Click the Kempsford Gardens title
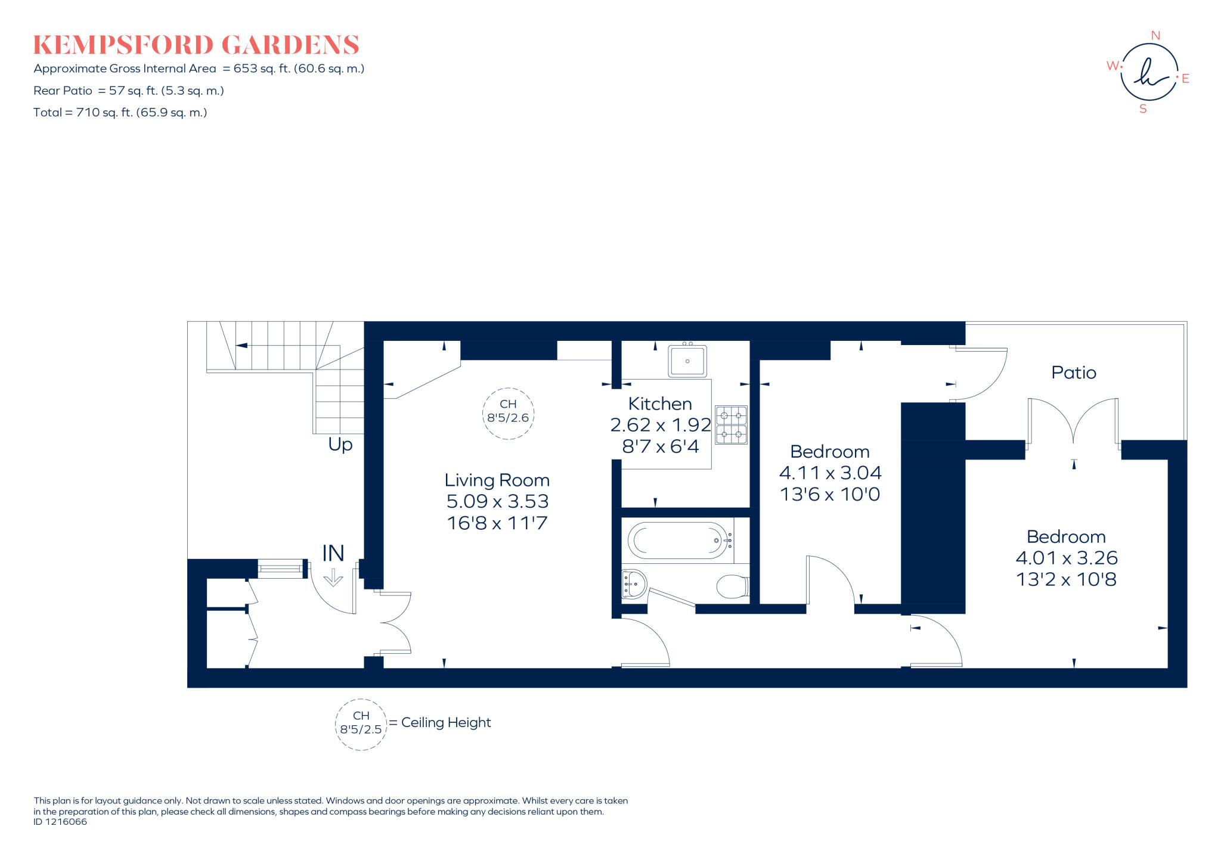(x=196, y=45)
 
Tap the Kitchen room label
(x=660, y=403)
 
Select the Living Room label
(x=497, y=480)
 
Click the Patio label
(x=1073, y=372)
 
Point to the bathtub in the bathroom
(x=678, y=541)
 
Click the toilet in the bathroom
(x=732, y=586)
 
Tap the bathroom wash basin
(x=634, y=583)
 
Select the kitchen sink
(x=687, y=361)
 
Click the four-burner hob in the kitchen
(x=731, y=425)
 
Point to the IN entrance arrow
(x=333, y=577)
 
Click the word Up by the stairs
(x=340, y=445)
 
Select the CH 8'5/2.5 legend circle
(x=361, y=724)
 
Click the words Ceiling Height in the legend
(x=446, y=722)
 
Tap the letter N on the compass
(x=1155, y=35)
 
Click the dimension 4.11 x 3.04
(x=830, y=473)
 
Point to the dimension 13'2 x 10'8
(x=1066, y=579)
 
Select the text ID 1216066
(x=60, y=822)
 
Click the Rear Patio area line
(x=128, y=91)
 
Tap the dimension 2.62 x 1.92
(x=660, y=425)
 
